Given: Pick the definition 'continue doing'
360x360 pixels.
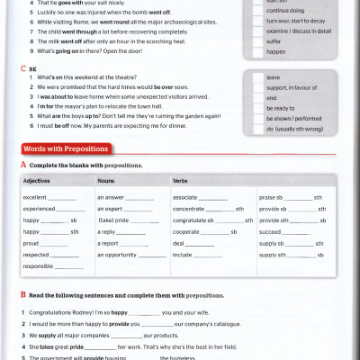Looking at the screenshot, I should click(x=288, y=10).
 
